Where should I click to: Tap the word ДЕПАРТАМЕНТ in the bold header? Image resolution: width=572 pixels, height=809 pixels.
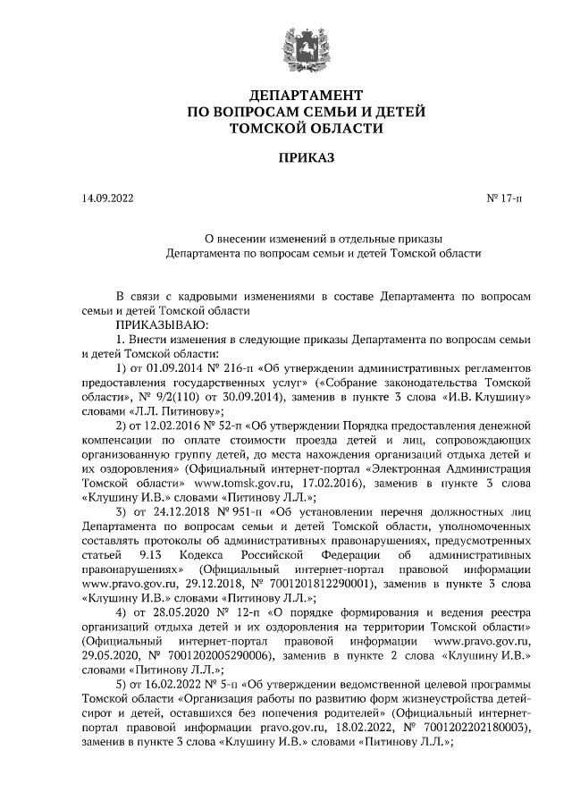coord(306,95)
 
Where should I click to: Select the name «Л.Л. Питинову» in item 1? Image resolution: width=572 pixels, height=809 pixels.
coord(171,409)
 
